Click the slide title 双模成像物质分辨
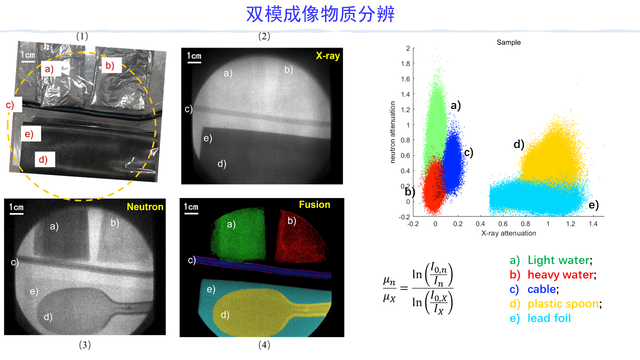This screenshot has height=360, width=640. click(x=320, y=14)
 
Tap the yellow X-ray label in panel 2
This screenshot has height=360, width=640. click(x=327, y=56)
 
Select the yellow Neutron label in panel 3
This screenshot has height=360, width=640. click(x=145, y=206)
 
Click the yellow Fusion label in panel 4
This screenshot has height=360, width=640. click(x=314, y=204)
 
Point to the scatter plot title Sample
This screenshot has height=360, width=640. click(x=508, y=42)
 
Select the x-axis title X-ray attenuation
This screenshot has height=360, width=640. click(x=508, y=233)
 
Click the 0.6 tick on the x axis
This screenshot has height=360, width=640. click(x=502, y=224)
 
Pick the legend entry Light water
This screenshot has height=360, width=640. click(x=559, y=260)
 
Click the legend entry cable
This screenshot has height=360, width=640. click(x=542, y=289)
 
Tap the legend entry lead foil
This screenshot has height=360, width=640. click(x=548, y=318)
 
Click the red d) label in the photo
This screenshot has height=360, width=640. click(x=43, y=160)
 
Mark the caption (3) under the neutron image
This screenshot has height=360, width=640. click(x=84, y=344)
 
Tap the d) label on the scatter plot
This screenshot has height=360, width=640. click(x=518, y=145)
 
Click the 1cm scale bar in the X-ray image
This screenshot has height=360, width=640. click(x=194, y=58)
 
